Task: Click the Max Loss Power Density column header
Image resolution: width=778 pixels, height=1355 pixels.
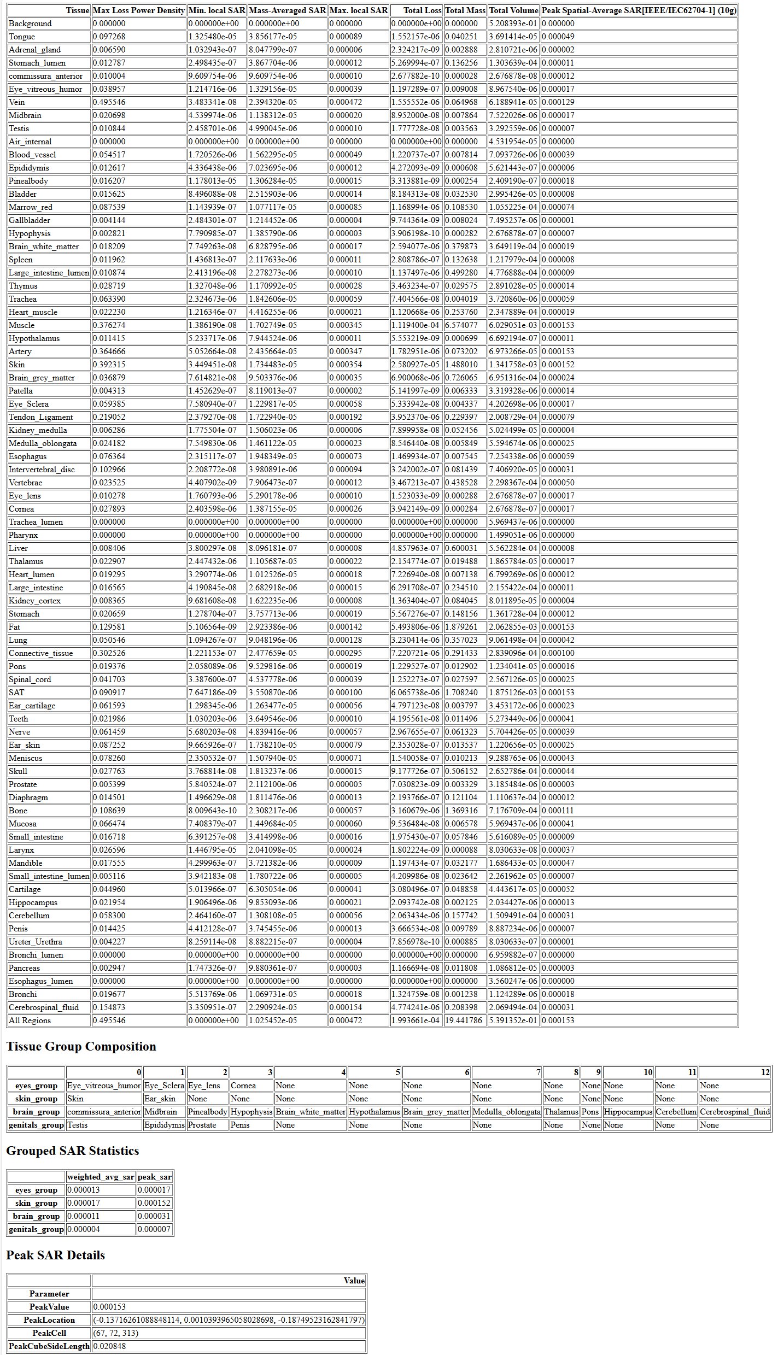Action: (x=139, y=10)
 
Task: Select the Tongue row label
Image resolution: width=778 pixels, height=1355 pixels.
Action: (x=22, y=37)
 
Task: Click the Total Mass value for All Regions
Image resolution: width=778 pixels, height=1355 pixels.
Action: (x=464, y=1020)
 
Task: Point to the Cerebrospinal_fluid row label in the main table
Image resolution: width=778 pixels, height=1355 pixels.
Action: (x=44, y=1007)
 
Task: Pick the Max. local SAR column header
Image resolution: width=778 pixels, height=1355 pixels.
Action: (x=359, y=10)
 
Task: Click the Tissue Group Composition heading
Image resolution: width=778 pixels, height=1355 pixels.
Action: (x=81, y=1046)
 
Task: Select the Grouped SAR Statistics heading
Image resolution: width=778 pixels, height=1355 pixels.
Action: (x=73, y=1151)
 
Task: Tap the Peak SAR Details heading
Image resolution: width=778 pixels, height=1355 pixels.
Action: (x=56, y=1255)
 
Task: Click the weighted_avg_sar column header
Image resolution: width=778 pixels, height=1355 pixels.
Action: (x=101, y=1177)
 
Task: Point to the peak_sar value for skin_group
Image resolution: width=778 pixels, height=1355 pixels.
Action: (x=154, y=1203)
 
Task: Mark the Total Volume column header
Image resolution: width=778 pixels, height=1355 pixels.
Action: (x=513, y=10)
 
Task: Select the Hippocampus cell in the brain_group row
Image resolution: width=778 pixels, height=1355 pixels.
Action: (x=628, y=1112)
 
